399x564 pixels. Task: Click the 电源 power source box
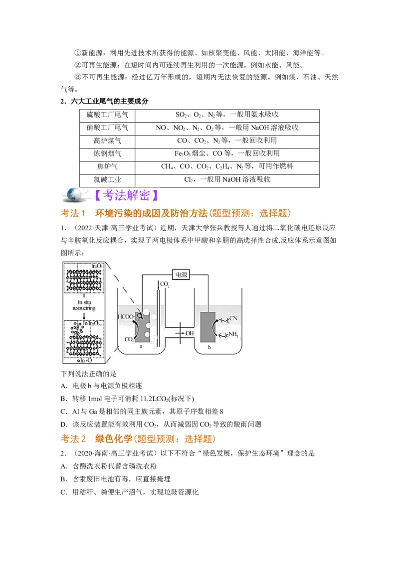[180, 274]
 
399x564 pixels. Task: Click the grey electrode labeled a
[142, 326]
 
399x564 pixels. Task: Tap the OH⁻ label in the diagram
[190, 333]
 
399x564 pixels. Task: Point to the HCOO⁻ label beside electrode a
[125, 317]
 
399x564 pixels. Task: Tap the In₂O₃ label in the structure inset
[98, 267]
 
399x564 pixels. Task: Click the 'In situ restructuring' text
[84, 305]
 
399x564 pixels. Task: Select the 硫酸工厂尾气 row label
[107, 115]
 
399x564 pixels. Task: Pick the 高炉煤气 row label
[107, 141]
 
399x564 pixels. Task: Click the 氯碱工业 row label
[107, 179]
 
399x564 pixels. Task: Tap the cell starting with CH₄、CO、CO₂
[227, 166]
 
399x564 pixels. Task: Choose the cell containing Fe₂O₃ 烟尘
[227, 153]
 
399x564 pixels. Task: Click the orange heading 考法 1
[73, 213]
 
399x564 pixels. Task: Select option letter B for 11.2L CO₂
[64, 399]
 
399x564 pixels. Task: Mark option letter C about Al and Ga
[64, 412]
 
